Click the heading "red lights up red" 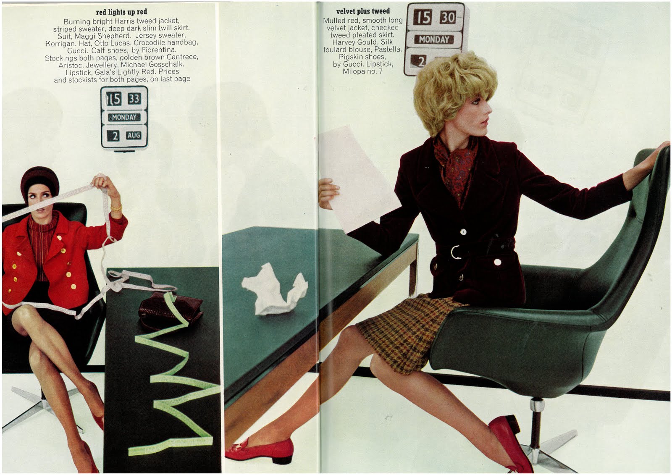[x=121, y=12]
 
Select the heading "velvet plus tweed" [x=363, y=11]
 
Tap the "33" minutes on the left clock [x=134, y=98]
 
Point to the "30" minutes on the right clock [x=448, y=17]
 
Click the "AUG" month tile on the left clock [x=134, y=135]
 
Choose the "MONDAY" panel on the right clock [x=434, y=39]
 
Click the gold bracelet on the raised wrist [x=116, y=208]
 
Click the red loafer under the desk [x=260, y=450]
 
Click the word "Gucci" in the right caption [x=356, y=64]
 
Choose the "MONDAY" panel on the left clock [x=124, y=117]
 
